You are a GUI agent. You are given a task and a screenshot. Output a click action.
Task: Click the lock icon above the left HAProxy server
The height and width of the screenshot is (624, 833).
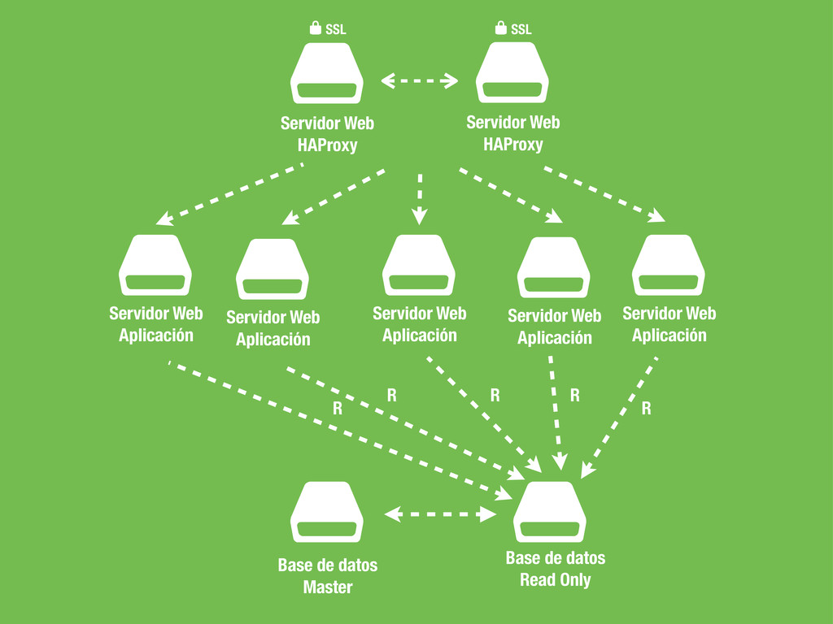click(315, 29)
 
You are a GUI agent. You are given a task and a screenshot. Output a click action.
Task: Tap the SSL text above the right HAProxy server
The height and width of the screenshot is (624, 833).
click(521, 30)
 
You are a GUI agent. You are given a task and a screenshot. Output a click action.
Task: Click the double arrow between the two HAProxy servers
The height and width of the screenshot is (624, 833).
click(420, 80)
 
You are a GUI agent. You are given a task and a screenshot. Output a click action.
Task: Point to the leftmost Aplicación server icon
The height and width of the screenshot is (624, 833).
click(155, 265)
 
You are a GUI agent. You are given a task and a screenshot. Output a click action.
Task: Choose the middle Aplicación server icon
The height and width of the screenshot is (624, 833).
click(419, 265)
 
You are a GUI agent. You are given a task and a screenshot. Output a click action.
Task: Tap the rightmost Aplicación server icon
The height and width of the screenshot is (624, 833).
click(669, 265)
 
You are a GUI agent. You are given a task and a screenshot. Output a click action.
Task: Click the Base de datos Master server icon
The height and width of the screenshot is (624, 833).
click(326, 512)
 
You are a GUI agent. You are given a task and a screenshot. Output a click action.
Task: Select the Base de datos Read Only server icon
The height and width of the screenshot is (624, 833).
click(550, 512)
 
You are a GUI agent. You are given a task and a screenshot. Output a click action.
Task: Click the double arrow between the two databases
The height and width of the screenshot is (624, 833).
click(440, 513)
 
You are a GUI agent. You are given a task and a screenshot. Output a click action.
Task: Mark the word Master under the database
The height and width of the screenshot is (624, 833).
click(328, 587)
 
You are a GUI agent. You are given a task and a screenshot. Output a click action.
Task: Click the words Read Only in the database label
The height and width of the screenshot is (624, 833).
click(556, 580)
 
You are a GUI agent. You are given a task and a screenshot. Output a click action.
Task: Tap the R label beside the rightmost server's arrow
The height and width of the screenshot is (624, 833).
click(646, 409)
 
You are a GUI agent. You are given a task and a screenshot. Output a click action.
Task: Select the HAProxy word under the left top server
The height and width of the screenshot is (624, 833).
click(327, 146)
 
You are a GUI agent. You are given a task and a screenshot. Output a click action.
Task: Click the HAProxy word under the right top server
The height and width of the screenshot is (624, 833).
click(512, 145)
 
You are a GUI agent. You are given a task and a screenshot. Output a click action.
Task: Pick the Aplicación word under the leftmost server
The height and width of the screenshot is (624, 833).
click(156, 335)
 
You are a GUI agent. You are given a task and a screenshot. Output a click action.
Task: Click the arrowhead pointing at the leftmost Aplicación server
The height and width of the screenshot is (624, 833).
click(163, 219)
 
